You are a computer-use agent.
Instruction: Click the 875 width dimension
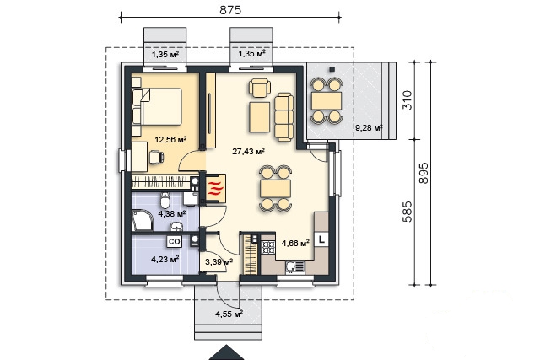(230, 10)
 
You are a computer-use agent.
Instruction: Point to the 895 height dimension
(424, 173)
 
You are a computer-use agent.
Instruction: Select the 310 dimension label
(407, 99)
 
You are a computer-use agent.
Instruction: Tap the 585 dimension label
(407, 212)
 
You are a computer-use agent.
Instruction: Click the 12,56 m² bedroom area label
(170, 139)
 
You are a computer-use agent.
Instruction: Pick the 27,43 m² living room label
(248, 151)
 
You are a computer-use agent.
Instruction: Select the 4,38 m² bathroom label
(172, 214)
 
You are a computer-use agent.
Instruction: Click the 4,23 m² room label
(165, 259)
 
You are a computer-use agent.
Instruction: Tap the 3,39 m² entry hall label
(219, 261)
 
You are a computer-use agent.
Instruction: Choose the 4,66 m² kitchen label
(295, 244)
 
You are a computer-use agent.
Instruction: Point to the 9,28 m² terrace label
(369, 128)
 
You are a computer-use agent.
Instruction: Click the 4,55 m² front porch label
(229, 314)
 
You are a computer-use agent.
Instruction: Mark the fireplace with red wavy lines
(216, 188)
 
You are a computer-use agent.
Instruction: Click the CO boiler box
(175, 242)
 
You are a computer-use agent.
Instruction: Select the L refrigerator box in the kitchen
(321, 239)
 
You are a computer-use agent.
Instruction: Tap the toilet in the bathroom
(165, 201)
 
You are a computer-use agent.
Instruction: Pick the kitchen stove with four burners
(268, 247)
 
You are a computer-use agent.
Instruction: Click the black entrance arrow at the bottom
(227, 352)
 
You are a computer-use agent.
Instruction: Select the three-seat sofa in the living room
(283, 118)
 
